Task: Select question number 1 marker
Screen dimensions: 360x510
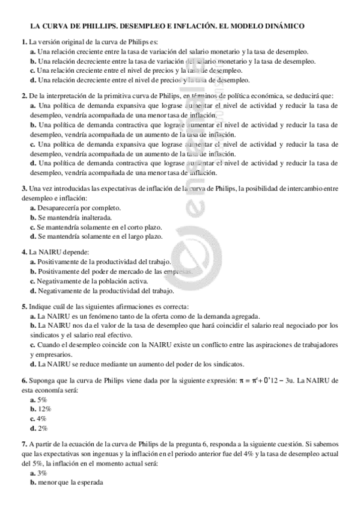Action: coord(23,43)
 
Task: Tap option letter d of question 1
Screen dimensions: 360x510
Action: coord(32,79)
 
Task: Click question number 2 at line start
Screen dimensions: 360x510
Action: coord(23,96)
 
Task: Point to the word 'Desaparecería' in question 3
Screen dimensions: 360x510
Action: coord(56,208)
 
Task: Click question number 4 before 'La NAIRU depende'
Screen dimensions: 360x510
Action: coord(23,252)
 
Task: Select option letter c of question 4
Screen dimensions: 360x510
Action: coord(32,281)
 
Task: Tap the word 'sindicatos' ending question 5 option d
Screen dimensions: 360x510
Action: coord(228,364)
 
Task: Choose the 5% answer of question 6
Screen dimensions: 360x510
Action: coord(42,399)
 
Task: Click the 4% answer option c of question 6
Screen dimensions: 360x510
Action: coord(42,419)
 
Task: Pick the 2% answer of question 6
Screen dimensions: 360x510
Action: coord(42,428)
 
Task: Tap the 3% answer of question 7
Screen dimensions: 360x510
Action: coord(42,473)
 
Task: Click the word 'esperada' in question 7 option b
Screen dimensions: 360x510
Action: coord(90,483)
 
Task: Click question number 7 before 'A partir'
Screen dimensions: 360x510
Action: coord(23,444)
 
